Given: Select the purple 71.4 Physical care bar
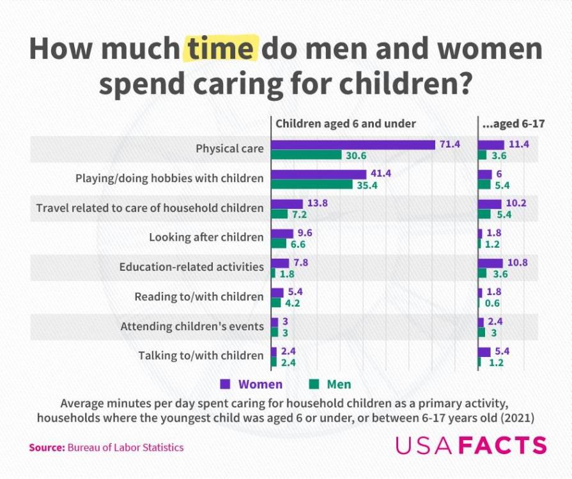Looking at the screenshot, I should [353, 144].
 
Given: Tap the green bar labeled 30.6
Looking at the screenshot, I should [306, 155].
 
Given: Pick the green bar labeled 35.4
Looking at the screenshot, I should [311, 185].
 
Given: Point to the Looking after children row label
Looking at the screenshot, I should [206, 237].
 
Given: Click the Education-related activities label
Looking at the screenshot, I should [191, 266].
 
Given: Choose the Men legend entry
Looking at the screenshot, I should [330, 384].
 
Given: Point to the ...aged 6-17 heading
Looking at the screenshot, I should [513, 123].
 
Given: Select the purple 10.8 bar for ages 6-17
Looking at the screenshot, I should [490, 262].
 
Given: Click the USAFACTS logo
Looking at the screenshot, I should [471, 445].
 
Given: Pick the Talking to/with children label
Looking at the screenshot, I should [201, 356].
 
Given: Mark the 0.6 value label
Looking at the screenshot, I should [492, 303].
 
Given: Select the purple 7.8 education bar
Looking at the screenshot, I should [280, 262].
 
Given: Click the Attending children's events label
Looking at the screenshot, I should [192, 326].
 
